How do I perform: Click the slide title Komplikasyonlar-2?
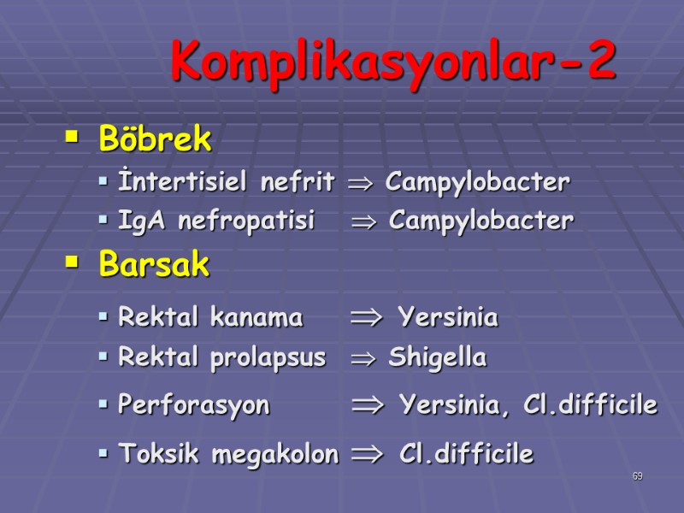pos(392,62)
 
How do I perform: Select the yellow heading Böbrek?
pos(155,139)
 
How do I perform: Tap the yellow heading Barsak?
pos(154,265)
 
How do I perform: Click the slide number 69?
pos(637,476)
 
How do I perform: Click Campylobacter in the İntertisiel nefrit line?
pos(477,182)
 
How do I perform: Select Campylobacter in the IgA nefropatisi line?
pos(481,221)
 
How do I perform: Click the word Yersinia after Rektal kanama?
pos(448,318)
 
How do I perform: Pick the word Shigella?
pos(437,357)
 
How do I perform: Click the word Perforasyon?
pos(193,405)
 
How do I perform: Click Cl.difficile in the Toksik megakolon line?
pos(466,454)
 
